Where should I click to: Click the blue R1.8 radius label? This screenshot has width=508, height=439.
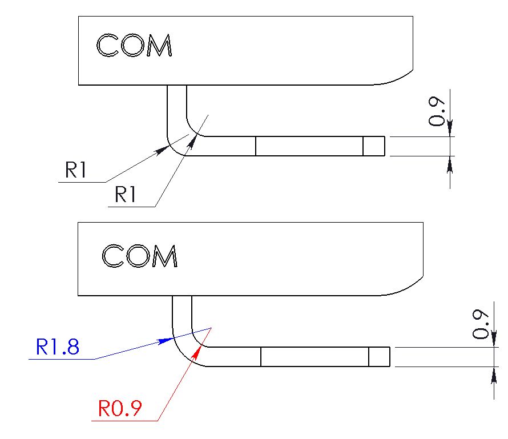coord(57,347)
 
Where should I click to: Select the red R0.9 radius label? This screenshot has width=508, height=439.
coord(120,408)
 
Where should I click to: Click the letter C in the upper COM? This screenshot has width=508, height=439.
coord(108,45)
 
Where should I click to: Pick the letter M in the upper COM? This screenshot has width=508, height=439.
coord(159,45)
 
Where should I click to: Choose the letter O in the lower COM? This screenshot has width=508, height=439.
coord(138,256)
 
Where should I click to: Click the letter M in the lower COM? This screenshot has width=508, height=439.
coord(165,256)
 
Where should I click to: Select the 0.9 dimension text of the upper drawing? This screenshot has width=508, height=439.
coord(436,111)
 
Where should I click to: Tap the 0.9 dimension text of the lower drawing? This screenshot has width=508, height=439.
coord(480,324)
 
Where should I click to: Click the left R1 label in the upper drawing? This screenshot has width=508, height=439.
coord(76,170)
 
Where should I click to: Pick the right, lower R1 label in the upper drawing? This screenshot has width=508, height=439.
coord(126,194)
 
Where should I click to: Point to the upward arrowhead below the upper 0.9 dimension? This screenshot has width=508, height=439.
coord(450,164)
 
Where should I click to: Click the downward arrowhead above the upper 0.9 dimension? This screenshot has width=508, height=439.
coord(450,128)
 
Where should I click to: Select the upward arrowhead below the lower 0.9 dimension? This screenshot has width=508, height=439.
coord(494,375)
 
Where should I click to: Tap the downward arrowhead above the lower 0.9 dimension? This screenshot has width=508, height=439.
coord(494,339)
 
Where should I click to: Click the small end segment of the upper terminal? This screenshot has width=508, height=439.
coord(374,146)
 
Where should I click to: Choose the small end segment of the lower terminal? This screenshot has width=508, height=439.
coord(380,357)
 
